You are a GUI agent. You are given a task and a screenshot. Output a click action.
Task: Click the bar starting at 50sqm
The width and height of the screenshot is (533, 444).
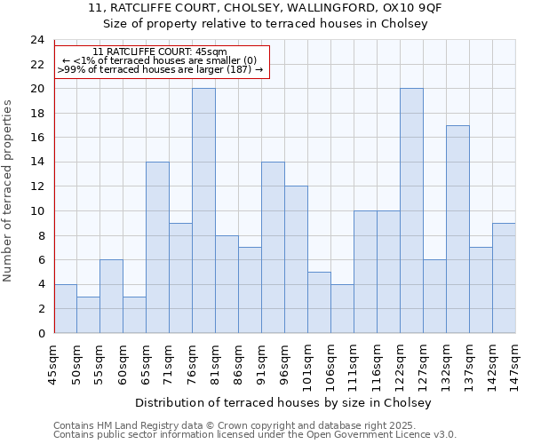[x=88, y=314]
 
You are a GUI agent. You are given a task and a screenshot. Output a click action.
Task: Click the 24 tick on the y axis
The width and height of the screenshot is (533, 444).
[x=36, y=40]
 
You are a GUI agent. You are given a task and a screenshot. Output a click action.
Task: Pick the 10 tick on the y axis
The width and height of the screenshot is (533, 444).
[x=36, y=211]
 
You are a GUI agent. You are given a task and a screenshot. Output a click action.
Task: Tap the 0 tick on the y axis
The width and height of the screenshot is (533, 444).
[x=40, y=333]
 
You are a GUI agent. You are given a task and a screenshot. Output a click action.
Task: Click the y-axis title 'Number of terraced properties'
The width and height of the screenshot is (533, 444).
[x=9, y=191]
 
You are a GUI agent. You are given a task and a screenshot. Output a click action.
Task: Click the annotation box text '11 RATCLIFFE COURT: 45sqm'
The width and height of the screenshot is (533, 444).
[x=160, y=52]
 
